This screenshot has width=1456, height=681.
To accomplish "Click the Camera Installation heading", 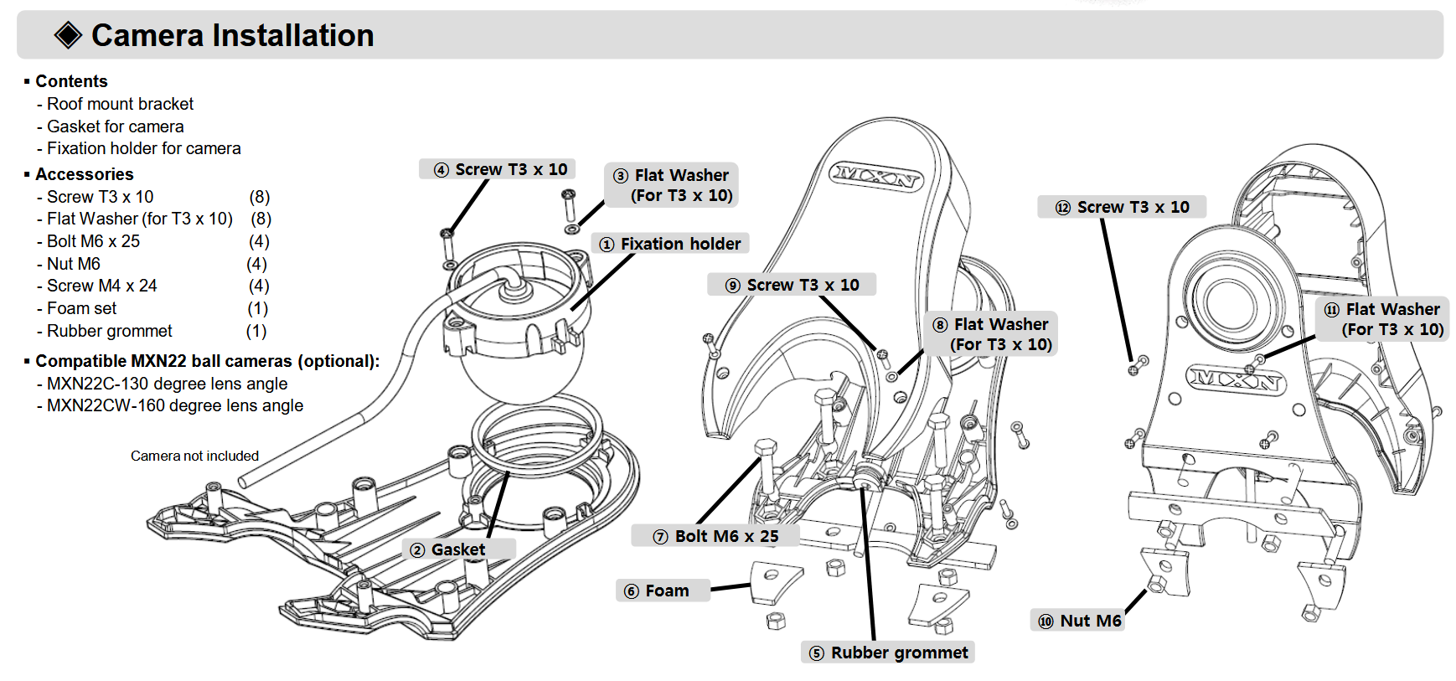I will (232, 35).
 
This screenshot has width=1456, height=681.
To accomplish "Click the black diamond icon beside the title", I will (68, 35).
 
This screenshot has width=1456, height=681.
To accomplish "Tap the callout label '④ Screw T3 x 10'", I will (500, 169).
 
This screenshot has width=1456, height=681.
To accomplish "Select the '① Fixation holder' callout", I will (670, 244).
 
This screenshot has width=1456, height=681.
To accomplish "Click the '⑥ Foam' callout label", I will (658, 591).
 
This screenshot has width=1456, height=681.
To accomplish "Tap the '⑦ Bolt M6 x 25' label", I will (716, 536).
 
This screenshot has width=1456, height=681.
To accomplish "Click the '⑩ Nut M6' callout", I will (1079, 621).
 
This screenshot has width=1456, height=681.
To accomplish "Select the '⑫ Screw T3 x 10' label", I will (1122, 207).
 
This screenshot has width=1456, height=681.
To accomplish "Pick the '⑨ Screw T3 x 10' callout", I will (793, 285).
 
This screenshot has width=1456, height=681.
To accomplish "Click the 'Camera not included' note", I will (194, 456).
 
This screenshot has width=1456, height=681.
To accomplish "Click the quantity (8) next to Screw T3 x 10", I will (260, 197).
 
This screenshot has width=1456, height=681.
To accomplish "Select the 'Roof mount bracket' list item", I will (120, 104).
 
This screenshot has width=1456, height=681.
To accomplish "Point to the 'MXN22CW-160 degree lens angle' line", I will (175, 405).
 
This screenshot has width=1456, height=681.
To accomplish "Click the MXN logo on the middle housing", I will (875, 177).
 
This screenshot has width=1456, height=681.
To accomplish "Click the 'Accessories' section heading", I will (85, 174).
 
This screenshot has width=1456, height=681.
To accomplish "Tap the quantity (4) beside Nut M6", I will (257, 264).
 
